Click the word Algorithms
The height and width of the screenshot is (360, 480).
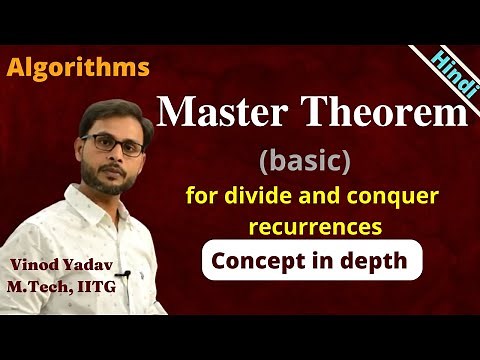tap(78, 68)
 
